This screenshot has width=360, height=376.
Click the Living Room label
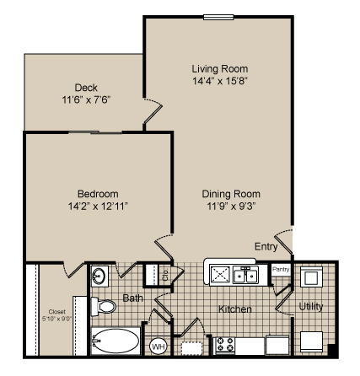[219, 68]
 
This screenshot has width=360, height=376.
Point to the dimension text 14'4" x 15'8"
[219, 81]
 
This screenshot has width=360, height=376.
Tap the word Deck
[86, 87]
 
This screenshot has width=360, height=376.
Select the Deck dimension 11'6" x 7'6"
[86, 99]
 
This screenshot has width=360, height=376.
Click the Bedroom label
[98, 192]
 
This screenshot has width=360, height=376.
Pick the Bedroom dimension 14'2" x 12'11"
[98, 205]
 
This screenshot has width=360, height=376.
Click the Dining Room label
[230, 192]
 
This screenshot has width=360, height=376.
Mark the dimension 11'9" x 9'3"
[230, 205]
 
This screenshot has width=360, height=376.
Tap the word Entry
[266, 246]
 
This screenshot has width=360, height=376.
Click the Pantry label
[281, 270]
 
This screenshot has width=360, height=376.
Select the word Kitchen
[235, 309]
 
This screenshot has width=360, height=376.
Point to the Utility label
[310, 307]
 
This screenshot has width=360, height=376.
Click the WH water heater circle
[158, 346]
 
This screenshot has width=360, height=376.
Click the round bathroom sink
[99, 276]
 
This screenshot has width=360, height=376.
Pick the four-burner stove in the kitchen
[225, 343]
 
